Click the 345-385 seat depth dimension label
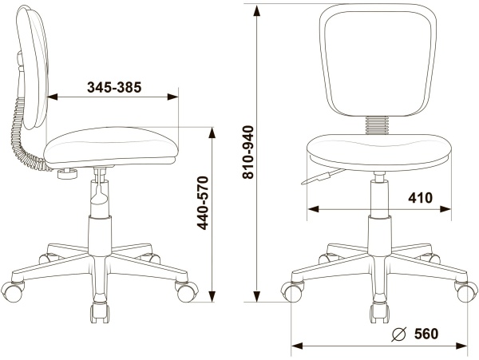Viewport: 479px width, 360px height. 114,87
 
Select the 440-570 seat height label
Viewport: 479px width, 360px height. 203,203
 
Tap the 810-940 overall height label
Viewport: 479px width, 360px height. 248,152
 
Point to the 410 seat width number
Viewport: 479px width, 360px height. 421,198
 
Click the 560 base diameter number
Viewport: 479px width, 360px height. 426,334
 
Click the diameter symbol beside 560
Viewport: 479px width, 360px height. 399,334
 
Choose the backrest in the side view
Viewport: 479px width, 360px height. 33,68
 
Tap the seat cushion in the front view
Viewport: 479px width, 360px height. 378,152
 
